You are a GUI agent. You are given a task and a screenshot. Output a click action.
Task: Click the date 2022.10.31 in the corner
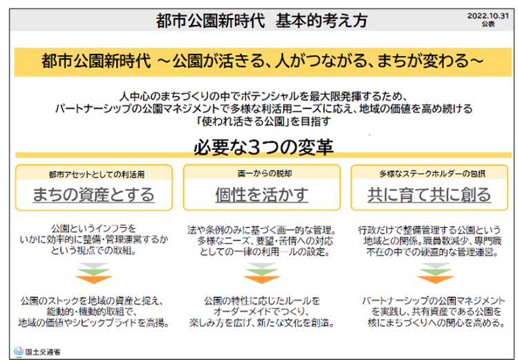click(488, 16)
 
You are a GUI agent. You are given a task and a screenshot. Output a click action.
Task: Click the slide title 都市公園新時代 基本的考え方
click(262, 21)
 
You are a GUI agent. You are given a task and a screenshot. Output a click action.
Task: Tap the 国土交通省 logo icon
click(19, 352)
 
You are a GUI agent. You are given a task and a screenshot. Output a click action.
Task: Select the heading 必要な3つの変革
click(263, 147)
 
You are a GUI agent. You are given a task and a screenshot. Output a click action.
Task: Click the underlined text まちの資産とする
click(93, 194)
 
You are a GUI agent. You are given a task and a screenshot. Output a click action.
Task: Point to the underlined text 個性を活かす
click(262, 194)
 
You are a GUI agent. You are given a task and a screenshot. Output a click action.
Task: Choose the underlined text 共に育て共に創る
click(429, 194)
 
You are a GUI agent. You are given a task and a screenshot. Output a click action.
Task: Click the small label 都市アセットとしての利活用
click(97, 174)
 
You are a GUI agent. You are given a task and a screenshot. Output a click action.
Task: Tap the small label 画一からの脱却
click(265, 173)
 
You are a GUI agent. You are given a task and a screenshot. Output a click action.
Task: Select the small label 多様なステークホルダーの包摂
click(432, 173)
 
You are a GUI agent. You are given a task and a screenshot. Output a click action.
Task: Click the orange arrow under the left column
click(94, 280)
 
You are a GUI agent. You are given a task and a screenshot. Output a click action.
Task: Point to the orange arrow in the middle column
click(262, 280)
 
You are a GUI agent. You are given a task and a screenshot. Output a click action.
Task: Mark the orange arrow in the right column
click(435, 280)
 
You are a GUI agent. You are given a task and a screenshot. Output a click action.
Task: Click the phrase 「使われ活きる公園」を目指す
click(263, 122)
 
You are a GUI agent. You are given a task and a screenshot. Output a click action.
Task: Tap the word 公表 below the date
click(488, 23)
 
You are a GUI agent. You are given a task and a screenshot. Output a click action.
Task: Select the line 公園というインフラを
click(93, 229)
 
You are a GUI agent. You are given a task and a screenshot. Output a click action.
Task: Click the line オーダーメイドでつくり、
click(261, 312)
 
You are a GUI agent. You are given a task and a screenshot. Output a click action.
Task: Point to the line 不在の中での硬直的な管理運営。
click(432, 252)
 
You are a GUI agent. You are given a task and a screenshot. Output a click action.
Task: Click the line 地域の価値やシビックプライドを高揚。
click(94, 322)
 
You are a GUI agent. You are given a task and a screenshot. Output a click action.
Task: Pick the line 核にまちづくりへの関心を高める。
click(437, 322)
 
